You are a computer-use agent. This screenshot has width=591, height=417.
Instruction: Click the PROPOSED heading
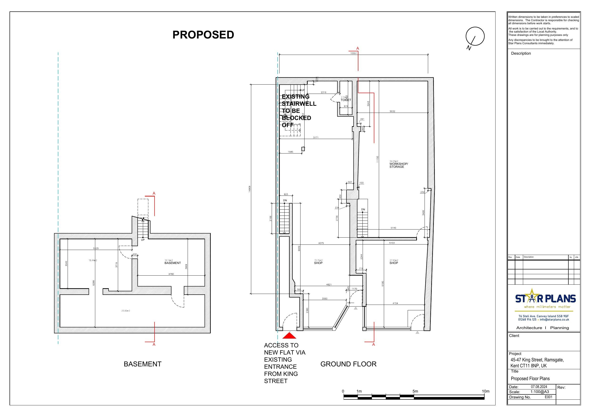[203, 35]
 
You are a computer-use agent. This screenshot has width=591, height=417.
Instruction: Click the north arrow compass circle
[475, 36]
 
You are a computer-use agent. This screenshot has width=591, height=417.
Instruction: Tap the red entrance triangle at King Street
[289, 336]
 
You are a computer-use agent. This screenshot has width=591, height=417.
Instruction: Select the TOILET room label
[346, 100]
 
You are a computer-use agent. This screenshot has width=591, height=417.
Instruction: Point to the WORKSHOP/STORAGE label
[398, 165]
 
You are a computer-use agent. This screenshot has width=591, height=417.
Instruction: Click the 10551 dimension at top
[354, 53]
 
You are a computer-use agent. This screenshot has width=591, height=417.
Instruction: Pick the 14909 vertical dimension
[249, 189]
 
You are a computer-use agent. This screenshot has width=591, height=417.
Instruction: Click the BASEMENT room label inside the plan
[172, 263]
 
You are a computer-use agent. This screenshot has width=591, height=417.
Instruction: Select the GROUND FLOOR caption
[348, 364]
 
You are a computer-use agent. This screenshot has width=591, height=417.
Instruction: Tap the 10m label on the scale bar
[486, 391]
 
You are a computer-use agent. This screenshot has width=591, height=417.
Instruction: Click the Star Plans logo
[545, 299]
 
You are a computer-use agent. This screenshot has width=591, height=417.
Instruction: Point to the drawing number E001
[548, 397]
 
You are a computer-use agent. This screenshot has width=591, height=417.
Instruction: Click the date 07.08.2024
[539, 387]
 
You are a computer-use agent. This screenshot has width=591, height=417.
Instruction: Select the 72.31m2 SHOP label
[318, 262]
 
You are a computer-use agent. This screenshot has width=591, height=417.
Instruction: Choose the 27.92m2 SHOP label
[394, 262]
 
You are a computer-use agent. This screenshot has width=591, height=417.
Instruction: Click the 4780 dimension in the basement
[171, 274]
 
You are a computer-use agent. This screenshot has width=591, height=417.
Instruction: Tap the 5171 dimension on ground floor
[316, 138]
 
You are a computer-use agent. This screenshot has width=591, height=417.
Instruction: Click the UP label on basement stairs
[143, 240]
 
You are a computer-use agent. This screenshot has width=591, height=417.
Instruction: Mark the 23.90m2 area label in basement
[126, 311]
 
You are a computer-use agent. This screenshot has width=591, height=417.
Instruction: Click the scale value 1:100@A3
[540, 392]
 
